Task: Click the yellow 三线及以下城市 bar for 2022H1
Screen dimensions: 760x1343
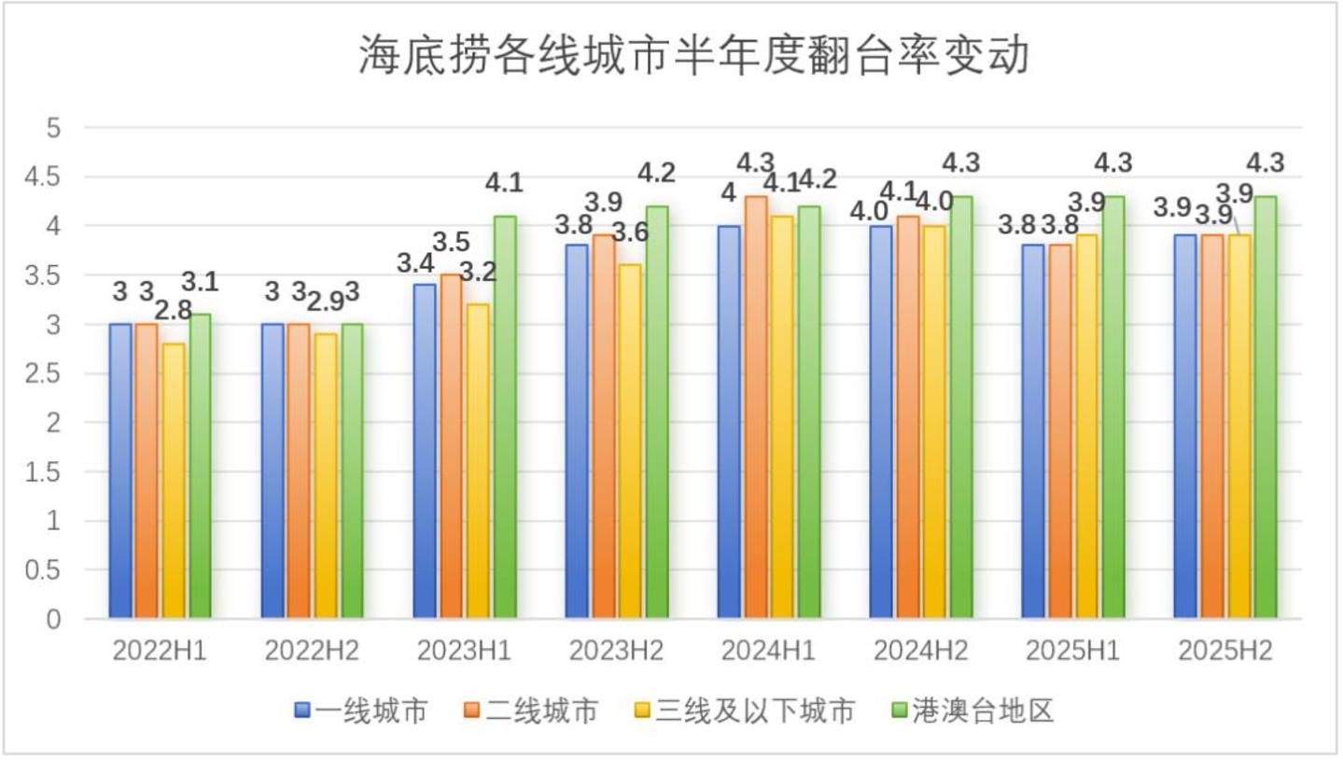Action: (x=174, y=480)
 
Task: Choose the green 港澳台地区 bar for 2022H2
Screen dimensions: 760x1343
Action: (x=352, y=471)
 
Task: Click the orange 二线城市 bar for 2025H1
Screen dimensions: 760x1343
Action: (x=1060, y=430)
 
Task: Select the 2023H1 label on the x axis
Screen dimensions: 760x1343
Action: (x=464, y=652)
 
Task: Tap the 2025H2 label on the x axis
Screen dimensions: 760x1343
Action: (x=1225, y=652)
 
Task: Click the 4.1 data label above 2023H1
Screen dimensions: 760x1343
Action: (x=504, y=183)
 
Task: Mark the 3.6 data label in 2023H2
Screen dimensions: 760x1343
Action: (x=631, y=232)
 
